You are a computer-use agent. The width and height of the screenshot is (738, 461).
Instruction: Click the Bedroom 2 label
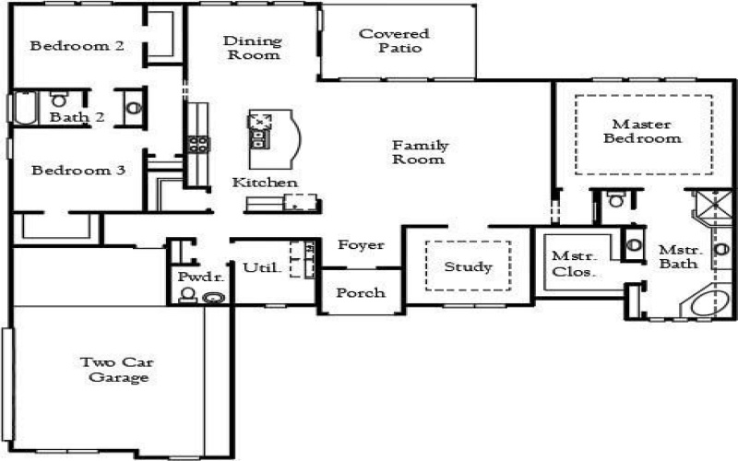[77, 45]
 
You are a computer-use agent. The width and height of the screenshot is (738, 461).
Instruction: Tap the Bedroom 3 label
[77, 171]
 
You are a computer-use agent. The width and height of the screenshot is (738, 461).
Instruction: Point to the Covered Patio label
[394, 41]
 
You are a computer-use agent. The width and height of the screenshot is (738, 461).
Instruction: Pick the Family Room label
[420, 152]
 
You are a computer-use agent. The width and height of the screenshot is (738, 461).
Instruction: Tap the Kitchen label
[265, 183]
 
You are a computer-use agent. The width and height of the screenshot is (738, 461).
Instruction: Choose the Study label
[468, 267]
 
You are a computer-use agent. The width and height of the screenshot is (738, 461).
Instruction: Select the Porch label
[361, 293]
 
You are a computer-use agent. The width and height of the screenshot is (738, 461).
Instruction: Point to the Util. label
[258, 268]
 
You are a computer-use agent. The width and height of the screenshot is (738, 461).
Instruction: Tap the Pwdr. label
[195, 278]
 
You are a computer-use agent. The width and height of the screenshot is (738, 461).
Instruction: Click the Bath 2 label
[77, 117]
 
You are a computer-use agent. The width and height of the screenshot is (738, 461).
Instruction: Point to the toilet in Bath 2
[59, 99]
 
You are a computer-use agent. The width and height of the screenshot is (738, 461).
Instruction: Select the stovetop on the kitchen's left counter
[197, 143]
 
